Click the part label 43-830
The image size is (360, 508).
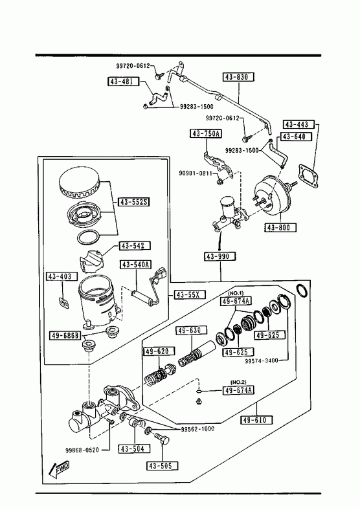238,77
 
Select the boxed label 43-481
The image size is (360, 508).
123,82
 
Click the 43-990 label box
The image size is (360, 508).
220,257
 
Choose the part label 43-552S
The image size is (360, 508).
134,202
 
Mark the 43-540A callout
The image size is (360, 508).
137,265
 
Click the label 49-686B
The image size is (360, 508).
65,336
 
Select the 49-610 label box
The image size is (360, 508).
256,420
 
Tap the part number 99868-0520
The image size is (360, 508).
82,450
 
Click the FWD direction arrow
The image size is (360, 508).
59,469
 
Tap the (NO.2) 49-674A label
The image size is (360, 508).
238,390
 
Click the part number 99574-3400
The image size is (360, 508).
262,360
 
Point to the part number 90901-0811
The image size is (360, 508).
196,173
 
